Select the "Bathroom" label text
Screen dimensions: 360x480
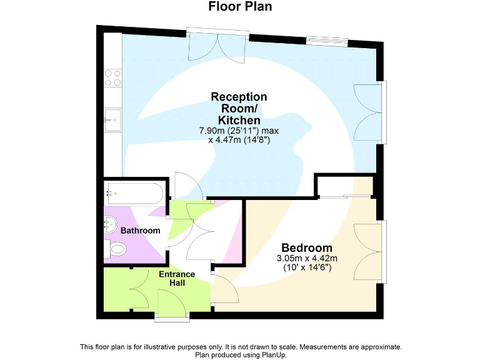coord(140,231)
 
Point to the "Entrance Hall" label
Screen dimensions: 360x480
coord(177,278)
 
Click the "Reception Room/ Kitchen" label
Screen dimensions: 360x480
coord(239,108)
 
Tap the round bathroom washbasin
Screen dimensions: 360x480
coord(111,222)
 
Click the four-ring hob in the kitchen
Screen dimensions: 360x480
coord(112,77)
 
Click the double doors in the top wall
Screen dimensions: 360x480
coord(219,46)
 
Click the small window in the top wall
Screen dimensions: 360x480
coord(326,41)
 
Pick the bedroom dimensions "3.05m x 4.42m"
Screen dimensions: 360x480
coord(307,258)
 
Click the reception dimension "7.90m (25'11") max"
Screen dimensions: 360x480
coord(239,131)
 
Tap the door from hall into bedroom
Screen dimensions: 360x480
coord(224,289)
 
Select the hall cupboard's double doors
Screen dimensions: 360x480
coord(139,289)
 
